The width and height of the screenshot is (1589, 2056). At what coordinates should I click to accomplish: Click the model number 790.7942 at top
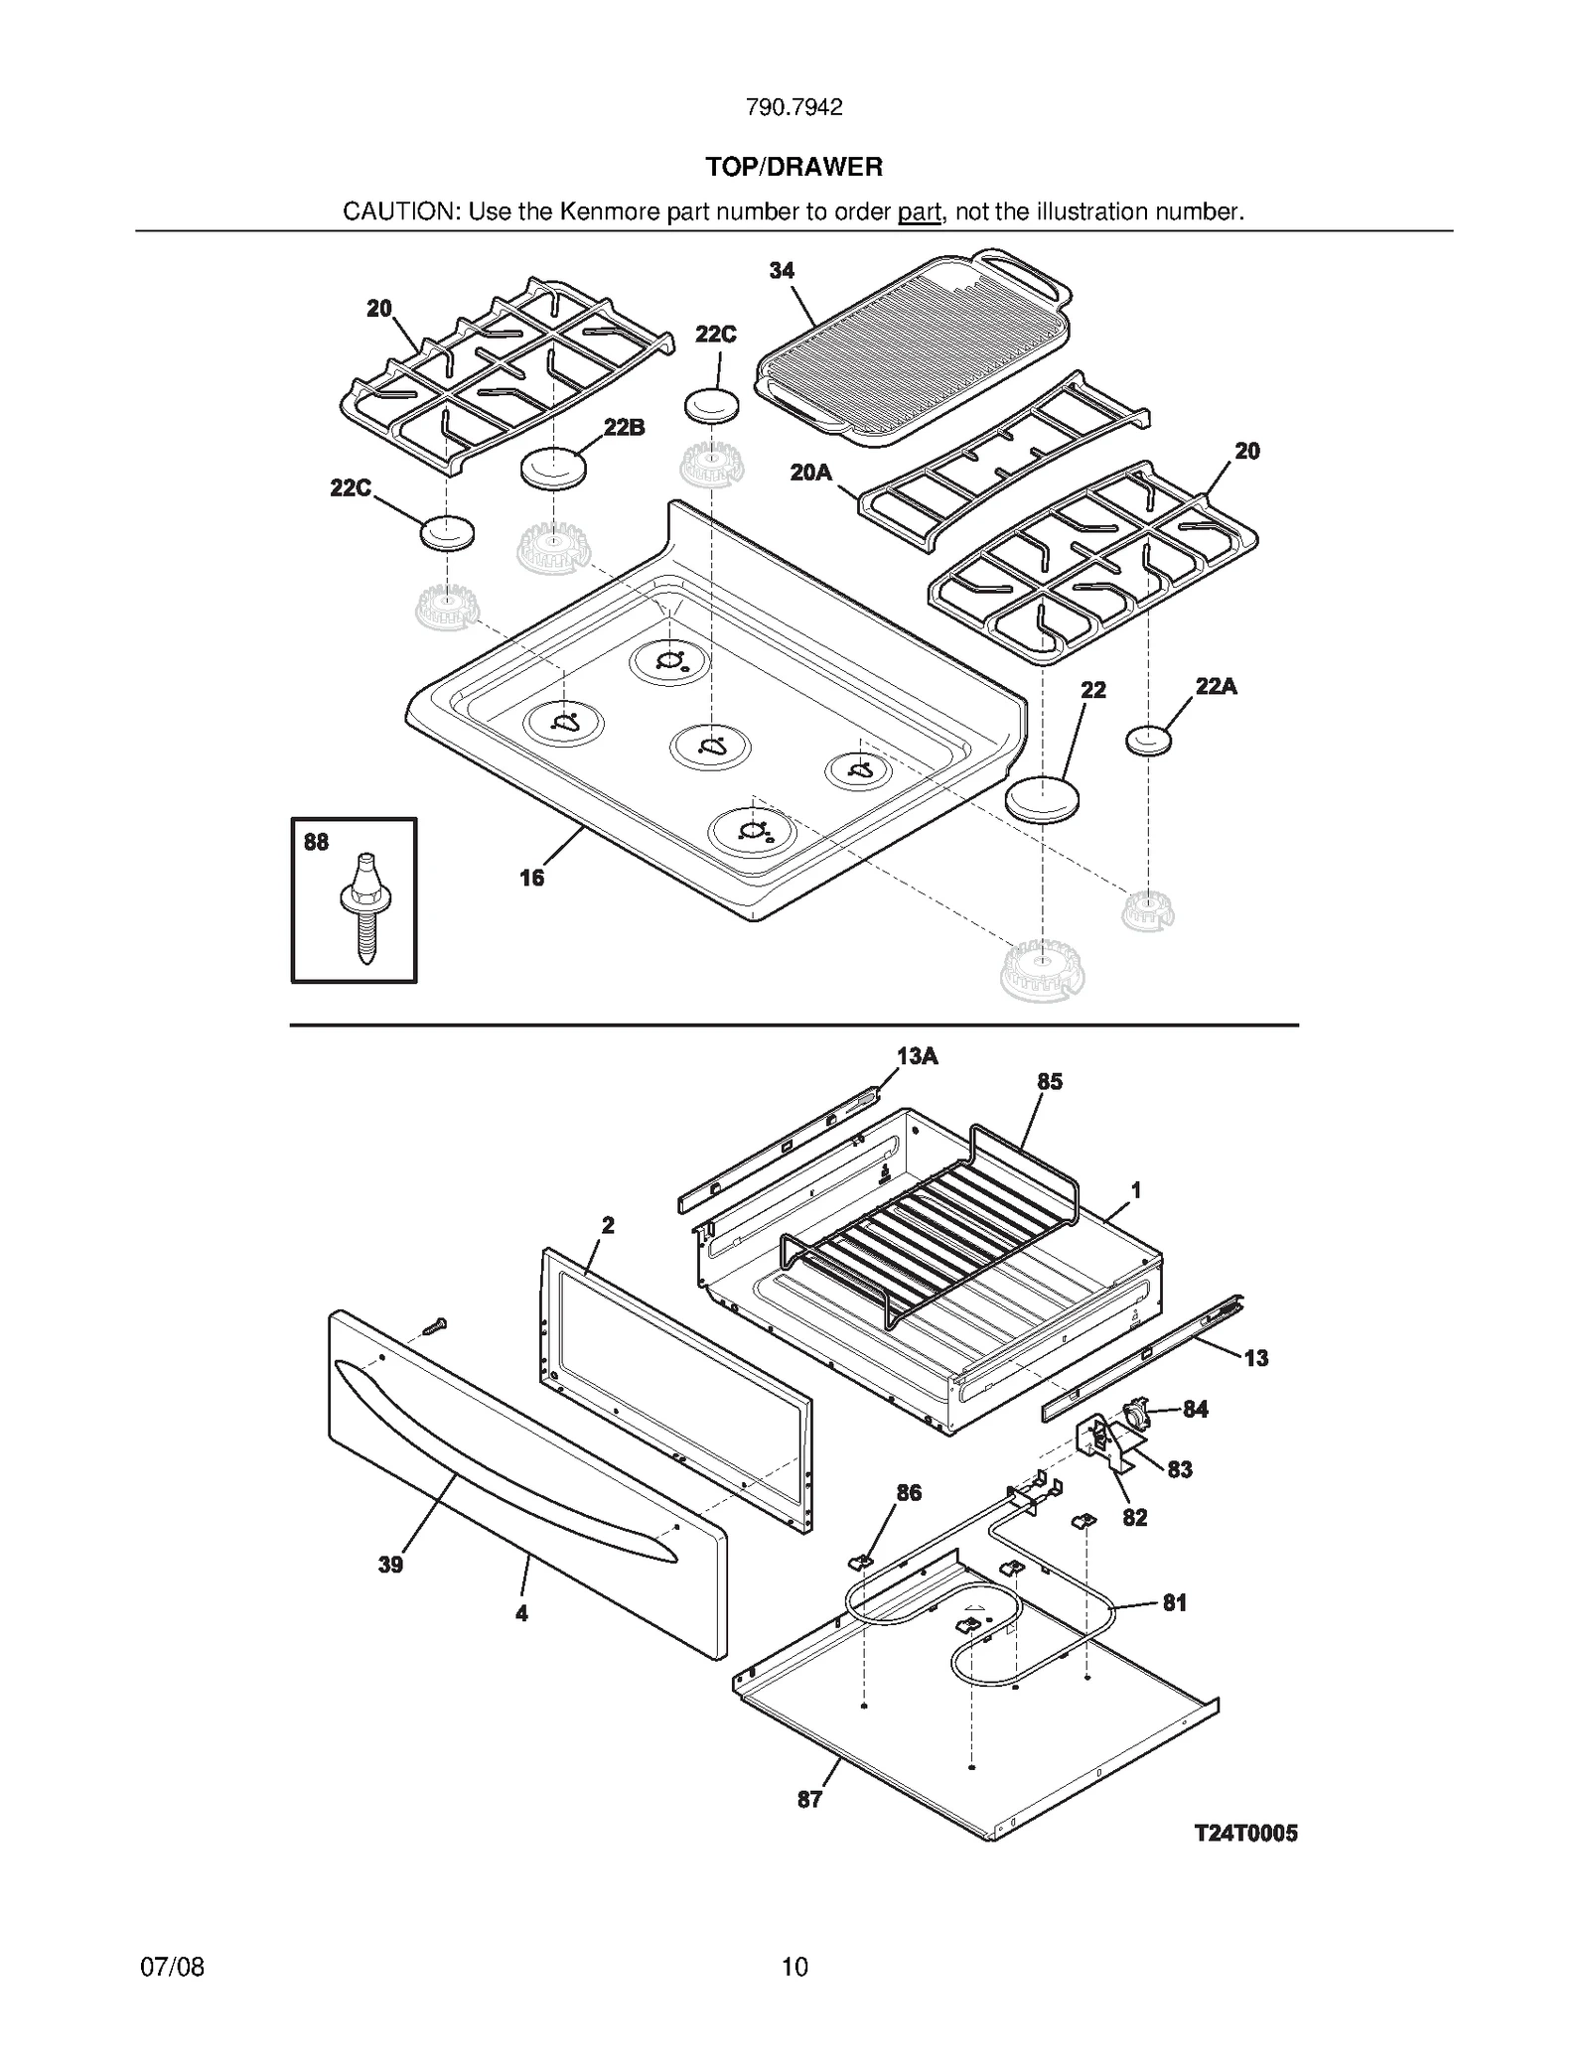[x=794, y=107]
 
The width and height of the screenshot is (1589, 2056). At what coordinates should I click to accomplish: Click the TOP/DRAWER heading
[x=794, y=167]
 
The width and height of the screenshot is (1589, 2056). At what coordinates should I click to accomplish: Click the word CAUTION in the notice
[x=399, y=211]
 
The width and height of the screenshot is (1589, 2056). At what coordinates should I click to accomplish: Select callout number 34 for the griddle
[x=782, y=270]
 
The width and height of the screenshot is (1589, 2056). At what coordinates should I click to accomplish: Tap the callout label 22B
[x=624, y=428]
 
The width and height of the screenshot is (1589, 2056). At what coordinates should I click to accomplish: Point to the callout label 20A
[x=810, y=473]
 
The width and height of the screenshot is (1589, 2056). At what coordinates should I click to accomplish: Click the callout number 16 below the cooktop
[x=531, y=878]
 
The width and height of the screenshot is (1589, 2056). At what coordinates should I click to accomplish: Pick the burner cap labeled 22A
[x=1148, y=741]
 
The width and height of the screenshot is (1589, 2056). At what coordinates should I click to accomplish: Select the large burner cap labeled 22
[x=1042, y=797]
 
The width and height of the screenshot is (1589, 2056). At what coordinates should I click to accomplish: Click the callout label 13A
[x=917, y=1056]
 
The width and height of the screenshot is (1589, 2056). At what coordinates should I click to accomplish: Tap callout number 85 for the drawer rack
[x=1050, y=1082]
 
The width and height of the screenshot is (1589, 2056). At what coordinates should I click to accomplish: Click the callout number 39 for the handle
[x=390, y=1565]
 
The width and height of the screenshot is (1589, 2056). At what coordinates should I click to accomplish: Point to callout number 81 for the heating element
[x=1174, y=1602]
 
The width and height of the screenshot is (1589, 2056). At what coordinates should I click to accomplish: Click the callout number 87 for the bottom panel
[x=809, y=1799]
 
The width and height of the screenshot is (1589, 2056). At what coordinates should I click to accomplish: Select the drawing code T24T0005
[x=1245, y=1833]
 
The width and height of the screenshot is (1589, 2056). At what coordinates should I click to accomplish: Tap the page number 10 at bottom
[x=794, y=1967]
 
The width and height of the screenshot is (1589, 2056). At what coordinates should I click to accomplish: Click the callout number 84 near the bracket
[x=1195, y=1410]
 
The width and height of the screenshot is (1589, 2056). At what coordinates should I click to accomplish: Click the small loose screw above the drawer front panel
[x=434, y=1325]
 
